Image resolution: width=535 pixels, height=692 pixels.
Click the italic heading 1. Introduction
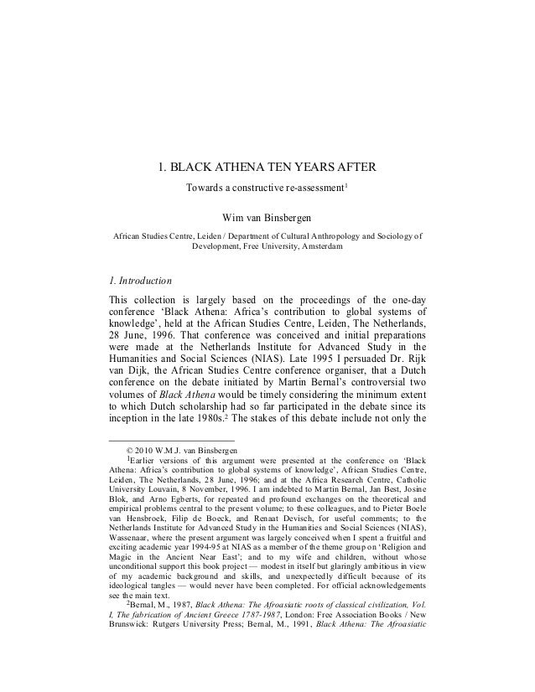[x=142, y=280]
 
